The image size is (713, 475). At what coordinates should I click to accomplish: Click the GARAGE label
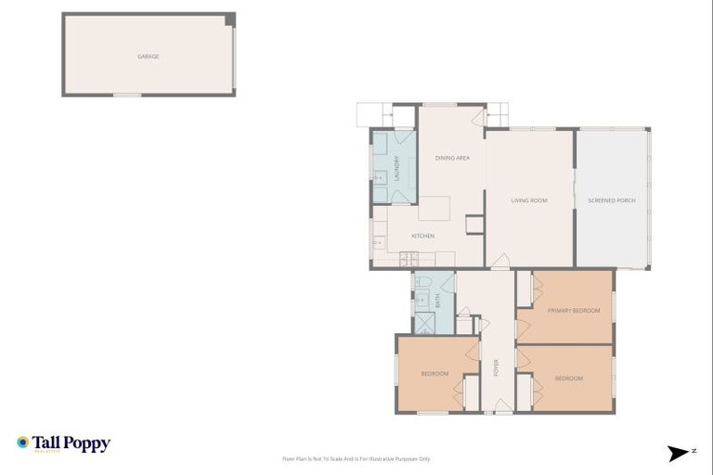tap(149, 57)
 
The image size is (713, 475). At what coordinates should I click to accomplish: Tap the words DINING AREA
tap(452, 158)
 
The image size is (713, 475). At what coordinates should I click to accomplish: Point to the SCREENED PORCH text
tap(612, 200)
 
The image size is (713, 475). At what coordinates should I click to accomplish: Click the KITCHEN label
tap(422, 236)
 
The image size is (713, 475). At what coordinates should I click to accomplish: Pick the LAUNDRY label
tap(396, 168)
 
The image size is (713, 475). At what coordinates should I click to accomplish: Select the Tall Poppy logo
tap(63, 443)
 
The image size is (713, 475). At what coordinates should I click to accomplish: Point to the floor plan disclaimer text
tap(356, 458)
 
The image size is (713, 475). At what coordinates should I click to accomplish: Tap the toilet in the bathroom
tap(422, 281)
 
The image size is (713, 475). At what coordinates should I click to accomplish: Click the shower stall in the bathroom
tap(424, 323)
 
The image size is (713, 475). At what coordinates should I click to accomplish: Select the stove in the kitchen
tap(379, 243)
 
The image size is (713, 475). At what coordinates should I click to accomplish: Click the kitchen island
tap(434, 208)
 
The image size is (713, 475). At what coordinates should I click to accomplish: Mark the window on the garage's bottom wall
tap(127, 95)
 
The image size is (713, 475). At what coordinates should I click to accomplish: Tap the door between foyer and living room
tap(499, 265)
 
